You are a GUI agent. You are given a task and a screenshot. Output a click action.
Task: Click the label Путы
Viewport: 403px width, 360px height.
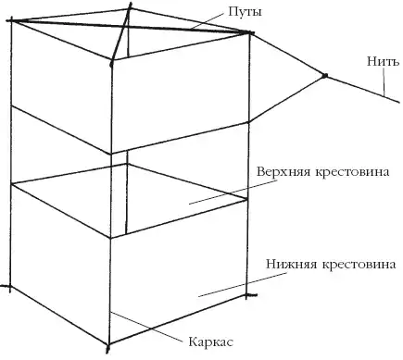click(x=245, y=12)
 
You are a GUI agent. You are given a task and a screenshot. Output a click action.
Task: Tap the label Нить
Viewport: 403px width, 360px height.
click(x=383, y=61)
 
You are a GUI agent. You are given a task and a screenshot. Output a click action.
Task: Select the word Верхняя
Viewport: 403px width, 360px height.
click(x=283, y=172)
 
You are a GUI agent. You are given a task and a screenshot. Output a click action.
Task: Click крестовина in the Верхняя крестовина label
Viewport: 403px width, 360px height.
click(x=352, y=172)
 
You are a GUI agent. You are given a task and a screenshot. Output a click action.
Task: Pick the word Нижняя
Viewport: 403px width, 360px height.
click(x=292, y=265)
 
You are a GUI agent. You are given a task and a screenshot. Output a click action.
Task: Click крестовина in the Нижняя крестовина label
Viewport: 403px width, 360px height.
click(x=359, y=265)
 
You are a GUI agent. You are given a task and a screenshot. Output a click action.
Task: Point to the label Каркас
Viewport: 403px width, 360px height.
click(x=211, y=341)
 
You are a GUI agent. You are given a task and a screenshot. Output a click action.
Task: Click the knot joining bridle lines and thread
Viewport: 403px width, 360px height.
click(x=324, y=75)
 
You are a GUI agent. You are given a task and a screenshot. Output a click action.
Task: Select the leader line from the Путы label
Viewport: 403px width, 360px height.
click(x=207, y=21)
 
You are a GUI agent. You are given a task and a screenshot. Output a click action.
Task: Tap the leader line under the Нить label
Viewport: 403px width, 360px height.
click(x=384, y=81)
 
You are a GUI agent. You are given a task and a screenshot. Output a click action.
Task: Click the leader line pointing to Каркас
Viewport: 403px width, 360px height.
click(x=145, y=327)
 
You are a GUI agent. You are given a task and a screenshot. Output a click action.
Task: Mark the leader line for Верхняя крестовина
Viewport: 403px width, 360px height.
click(x=233, y=192)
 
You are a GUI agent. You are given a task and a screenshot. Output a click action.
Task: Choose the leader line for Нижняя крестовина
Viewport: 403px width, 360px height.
click(x=241, y=285)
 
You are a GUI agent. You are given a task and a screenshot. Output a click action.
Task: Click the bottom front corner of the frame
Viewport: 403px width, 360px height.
click(x=108, y=344)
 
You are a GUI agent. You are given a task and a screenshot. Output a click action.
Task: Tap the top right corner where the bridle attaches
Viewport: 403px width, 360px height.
click(x=249, y=32)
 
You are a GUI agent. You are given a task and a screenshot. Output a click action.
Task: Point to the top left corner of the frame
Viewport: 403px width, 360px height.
click(x=11, y=20)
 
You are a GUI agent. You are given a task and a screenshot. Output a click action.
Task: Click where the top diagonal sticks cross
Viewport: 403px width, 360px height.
click(x=124, y=27)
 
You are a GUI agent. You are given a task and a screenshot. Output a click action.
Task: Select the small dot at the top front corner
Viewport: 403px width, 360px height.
click(x=111, y=64)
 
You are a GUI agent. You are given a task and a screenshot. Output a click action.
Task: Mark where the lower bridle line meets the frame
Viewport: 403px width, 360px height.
click(x=249, y=122)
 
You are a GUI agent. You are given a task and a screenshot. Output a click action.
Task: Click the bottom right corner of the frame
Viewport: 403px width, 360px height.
click(x=246, y=295)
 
